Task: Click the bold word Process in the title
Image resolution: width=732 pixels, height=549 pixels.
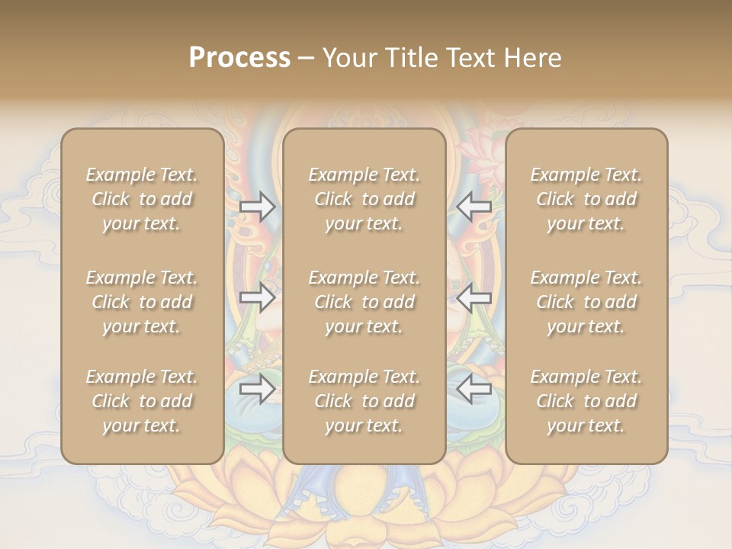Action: pyautogui.click(x=239, y=58)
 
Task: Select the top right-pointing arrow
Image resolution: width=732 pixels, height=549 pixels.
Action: pyautogui.click(x=257, y=207)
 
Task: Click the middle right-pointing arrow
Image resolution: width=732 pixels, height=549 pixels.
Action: pyautogui.click(x=257, y=297)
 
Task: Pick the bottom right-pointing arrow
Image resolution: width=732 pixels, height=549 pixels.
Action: pyautogui.click(x=257, y=390)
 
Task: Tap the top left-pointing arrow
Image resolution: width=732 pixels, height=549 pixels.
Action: pyautogui.click(x=474, y=207)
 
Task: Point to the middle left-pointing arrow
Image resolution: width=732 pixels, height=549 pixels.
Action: pyautogui.click(x=474, y=297)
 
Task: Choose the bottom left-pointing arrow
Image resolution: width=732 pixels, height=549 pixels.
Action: pyautogui.click(x=474, y=390)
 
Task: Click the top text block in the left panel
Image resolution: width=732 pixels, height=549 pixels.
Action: pyautogui.click(x=142, y=199)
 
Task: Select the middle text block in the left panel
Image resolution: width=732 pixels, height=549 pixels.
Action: pyautogui.click(x=142, y=302)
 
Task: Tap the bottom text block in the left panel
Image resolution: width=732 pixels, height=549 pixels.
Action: pyautogui.click(x=142, y=401)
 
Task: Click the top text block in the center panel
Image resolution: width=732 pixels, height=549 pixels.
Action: pyautogui.click(x=364, y=199)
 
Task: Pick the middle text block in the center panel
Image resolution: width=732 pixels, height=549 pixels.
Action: pyautogui.click(x=364, y=302)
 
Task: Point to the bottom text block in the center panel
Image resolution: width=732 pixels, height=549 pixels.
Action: pyautogui.click(x=364, y=401)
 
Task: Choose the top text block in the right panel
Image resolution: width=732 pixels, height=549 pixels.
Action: pyautogui.click(x=586, y=199)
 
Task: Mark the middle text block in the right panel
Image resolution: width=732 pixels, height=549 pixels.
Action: pyautogui.click(x=586, y=302)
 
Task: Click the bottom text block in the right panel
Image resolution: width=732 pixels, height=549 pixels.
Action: pyautogui.click(x=586, y=401)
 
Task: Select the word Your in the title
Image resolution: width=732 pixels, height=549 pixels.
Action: pyautogui.click(x=348, y=58)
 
